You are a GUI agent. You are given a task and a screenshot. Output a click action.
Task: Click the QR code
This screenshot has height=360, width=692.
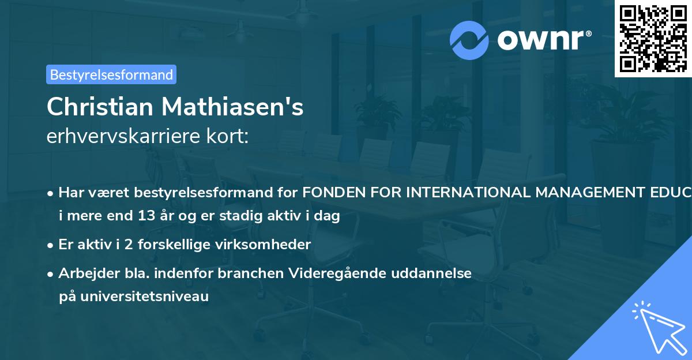(653, 39)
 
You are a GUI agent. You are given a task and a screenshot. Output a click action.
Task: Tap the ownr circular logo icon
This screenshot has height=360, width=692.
(470, 40)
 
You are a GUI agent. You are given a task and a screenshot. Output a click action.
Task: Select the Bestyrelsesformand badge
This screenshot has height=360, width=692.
(111, 74)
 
